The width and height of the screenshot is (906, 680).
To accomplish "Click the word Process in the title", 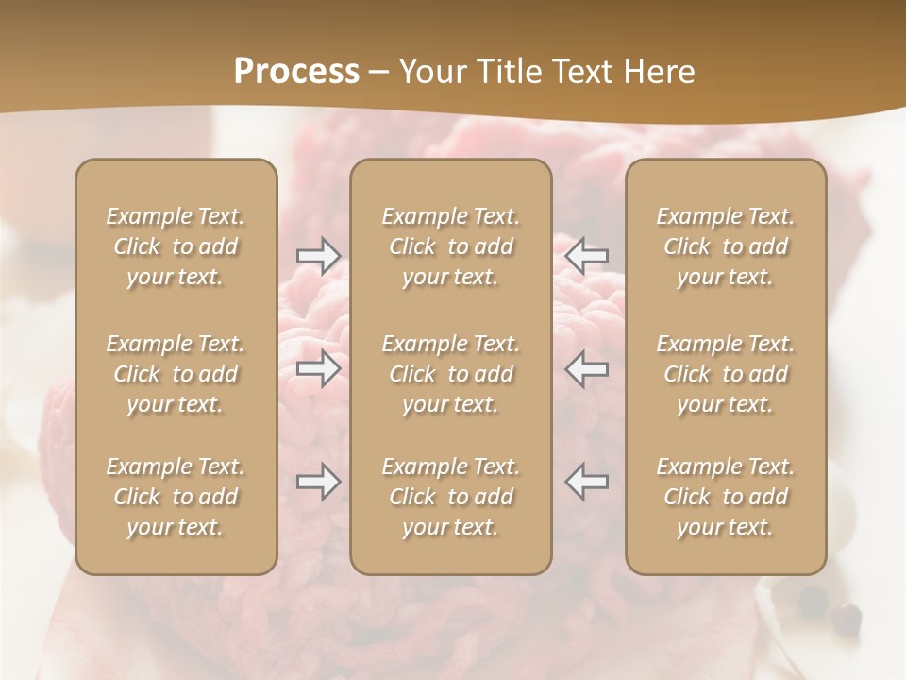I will click(x=296, y=71).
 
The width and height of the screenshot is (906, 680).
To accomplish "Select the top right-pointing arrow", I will click(x=318, y=256).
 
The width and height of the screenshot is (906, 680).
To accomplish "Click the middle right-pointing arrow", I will click(x=318, y=368).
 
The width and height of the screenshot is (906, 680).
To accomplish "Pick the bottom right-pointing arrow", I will click(x=318, y=482).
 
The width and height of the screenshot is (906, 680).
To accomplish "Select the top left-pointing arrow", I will click(x=587, y=256).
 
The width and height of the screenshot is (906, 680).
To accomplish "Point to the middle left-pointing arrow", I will click(x=587, y=368).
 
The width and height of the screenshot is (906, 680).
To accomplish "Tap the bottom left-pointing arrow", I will click(x=587, y=482).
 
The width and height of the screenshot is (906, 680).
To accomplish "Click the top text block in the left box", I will click(x=176, y=246).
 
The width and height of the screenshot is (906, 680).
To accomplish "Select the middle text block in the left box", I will click(x=176, y=374).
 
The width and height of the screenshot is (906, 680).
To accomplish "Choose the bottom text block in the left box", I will click(x=176, y=497).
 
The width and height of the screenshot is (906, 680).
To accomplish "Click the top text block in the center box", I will click(x=450, y=246).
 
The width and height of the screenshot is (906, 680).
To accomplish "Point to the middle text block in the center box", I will click(x=450, y=374).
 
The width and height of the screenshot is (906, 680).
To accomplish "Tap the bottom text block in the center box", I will click(x=450, y=497).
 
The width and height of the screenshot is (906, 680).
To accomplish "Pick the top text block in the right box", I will click(x=725, y=246).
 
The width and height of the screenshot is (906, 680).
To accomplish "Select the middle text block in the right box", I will click(x=725, y=374).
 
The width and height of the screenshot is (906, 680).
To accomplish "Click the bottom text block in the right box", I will click(x=725, y=497).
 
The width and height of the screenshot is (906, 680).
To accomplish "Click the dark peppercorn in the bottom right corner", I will click(x=847, y=619).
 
